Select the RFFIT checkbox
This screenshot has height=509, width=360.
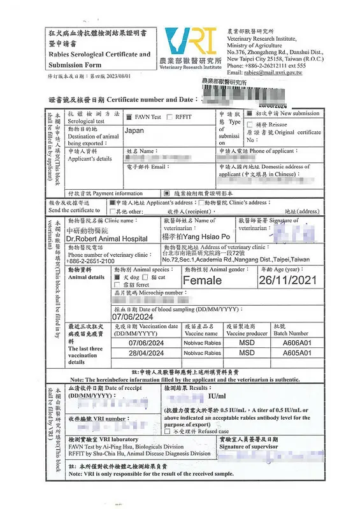pos(170,117)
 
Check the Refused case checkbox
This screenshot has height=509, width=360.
pos(168,431)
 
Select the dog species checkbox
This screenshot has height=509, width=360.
pos(117,278)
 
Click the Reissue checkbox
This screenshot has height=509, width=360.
pos(250,125)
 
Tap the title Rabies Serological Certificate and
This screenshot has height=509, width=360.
pos(99,54)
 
